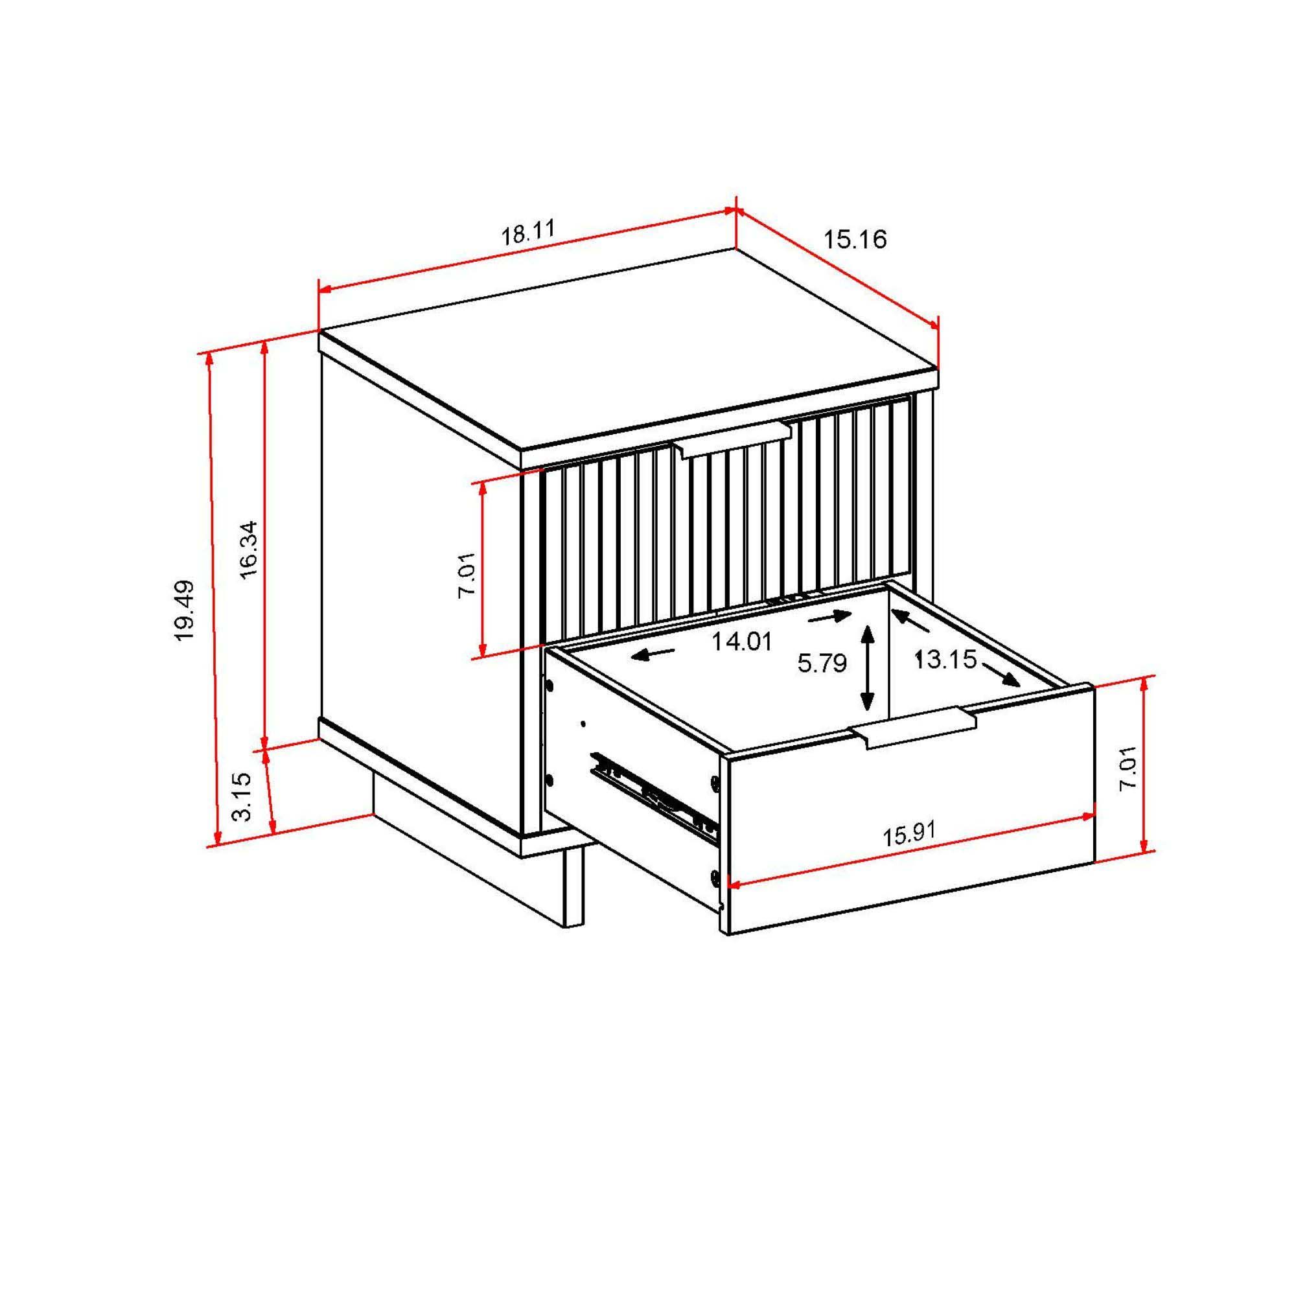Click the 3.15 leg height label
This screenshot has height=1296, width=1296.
click(242, 796)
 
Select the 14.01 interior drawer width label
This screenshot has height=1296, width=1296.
click(742, 642)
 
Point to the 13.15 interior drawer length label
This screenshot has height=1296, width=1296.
click(945, 660)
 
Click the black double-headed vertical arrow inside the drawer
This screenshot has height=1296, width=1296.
click(868, 667)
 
